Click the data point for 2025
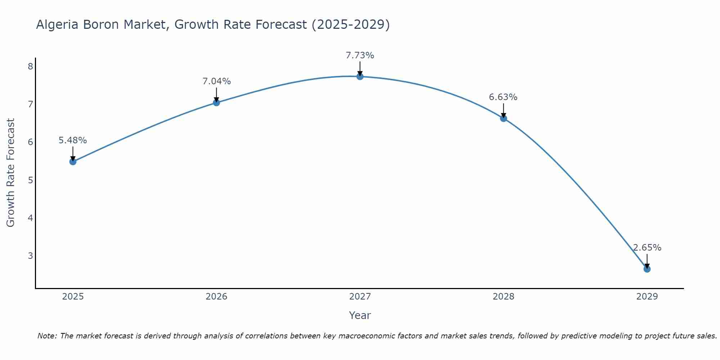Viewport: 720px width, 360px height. click(73, 162)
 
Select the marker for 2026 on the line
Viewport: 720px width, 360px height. click(216, 103)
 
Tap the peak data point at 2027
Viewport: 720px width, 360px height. click(360, 76)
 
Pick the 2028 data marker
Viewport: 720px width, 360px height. click(503, 118)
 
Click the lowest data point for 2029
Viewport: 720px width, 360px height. click(647, 269)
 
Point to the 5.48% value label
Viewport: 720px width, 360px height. click(73, 140)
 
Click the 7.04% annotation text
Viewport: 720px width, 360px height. click(216, 81)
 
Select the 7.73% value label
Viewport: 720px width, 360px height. click(360, 55)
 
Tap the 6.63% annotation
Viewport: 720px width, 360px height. click(503, 97)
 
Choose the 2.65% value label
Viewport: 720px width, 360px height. click(647, 248)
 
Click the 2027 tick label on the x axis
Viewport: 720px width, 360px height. click(360, 297)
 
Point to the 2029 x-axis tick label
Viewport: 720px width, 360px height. click(647, 297)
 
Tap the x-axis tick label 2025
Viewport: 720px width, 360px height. click(73, 297)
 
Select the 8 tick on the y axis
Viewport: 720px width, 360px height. click(30, 66)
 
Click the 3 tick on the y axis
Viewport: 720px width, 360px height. click(30, 256)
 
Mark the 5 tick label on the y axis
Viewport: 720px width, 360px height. click(30, 180)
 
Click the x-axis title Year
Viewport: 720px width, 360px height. click(360, 315)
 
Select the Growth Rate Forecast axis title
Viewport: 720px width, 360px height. click(11, 173)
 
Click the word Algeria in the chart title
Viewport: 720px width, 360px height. click(57, 25)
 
